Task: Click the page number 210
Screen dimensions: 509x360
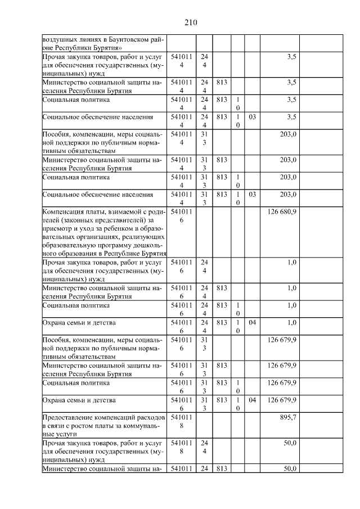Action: click(x=190, y=22)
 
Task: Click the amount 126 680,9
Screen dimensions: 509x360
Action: click(x=281, y=211)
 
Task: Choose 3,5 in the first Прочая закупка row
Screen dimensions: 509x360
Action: click(x=291, y=57)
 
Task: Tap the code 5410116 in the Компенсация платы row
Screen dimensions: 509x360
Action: click(x=181, y=215)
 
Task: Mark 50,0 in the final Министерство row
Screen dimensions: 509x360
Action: click(x=290, y=469)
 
